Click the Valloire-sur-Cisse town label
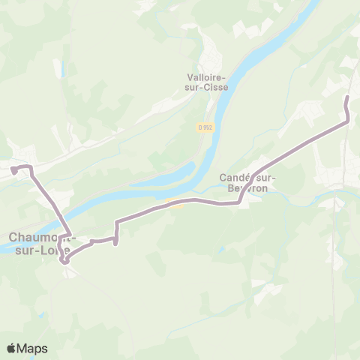pyautogui.click(x=207, y=81)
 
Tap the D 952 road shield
pyautogui.click(x=206, y=127)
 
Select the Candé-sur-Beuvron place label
pyautogui.click(x=248, y=183)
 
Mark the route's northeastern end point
pyautogui.click(x=347, y=97)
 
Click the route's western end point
pyautogui.click(x=13, y=169)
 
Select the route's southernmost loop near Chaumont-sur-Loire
pyautogui.click(x=65, y=259)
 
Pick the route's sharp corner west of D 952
pyautogui.click(x=116, y=222)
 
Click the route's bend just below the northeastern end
pyautogui.click(x=348, y=120)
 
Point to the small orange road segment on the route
pyautogui.click(x=176, y=202)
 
